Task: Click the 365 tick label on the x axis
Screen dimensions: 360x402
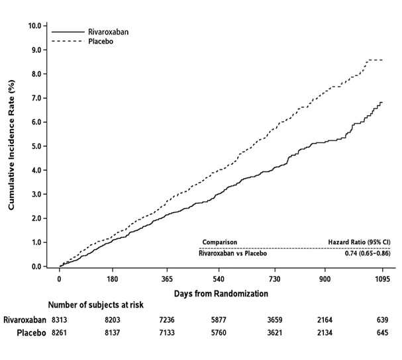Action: (x=166, y=279)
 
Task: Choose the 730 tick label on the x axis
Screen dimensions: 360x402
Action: (x=274, y=279)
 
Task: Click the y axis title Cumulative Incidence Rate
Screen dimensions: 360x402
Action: (x=11, y=146)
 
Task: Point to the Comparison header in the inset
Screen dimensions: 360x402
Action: (x=219, y=242)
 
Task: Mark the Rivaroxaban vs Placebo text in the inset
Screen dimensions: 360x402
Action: (x=233, y=253)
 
